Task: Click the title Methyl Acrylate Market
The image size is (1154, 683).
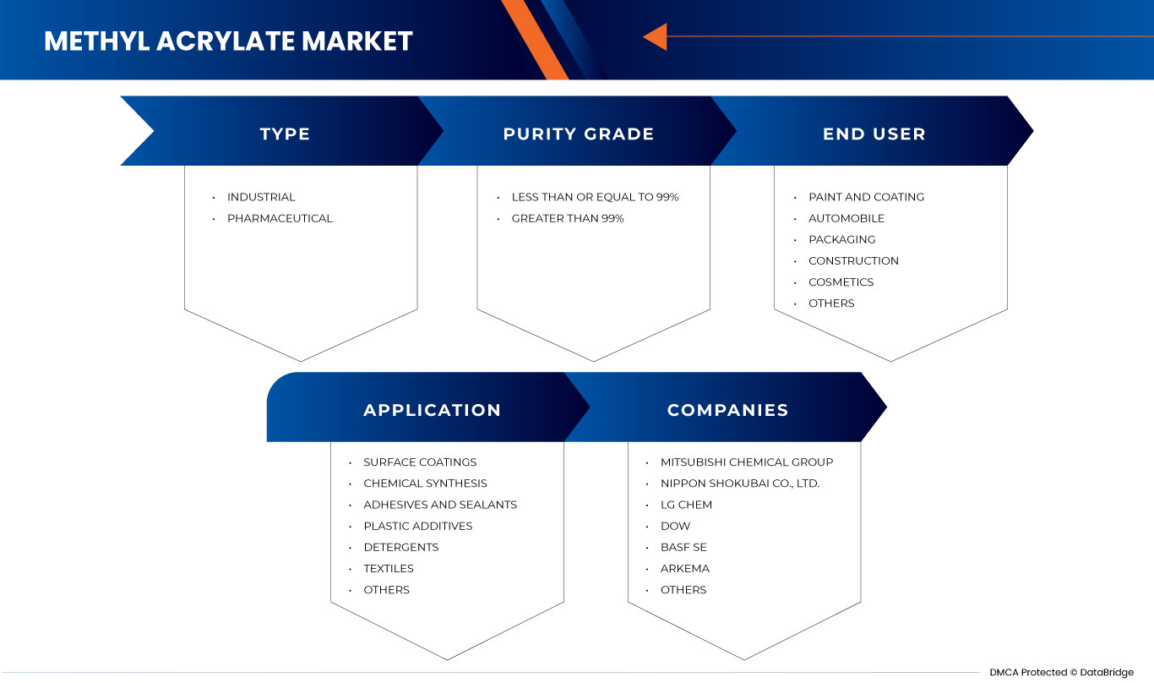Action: click(x=228, y=41)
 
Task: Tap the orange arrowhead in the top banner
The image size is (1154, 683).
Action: click(x=656, y=36)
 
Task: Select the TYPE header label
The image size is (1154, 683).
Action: click(x=285, y=134)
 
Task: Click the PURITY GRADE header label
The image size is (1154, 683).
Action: click(x=578, y=134)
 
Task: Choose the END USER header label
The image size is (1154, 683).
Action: click(x=874, y=134)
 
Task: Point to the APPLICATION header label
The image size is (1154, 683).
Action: click(x=432, y=410)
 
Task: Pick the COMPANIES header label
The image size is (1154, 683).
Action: click(x=727, y=410)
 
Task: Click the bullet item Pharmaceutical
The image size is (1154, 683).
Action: click(x=280, y=218)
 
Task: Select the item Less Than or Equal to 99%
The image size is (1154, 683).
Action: click(x=595, y=197)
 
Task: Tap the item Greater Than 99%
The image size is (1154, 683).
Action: click(x=568, y=218)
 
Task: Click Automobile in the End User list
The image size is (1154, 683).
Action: click(x=846, y=218)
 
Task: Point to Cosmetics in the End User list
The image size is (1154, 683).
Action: click(x=841, y=281)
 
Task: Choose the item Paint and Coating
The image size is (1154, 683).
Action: click(x=866, y=197)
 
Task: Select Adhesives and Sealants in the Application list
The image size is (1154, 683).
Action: click(x=440, y=505)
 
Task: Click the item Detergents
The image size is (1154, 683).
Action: click(x=400, y=547)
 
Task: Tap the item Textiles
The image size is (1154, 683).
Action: click(x=389, y=568)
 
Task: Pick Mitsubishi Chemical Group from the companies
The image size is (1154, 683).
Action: click(x=747, y=462)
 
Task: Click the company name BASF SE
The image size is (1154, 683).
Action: click(x=683, y=547)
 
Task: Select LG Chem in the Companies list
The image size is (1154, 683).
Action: click(x=686, y=505)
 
